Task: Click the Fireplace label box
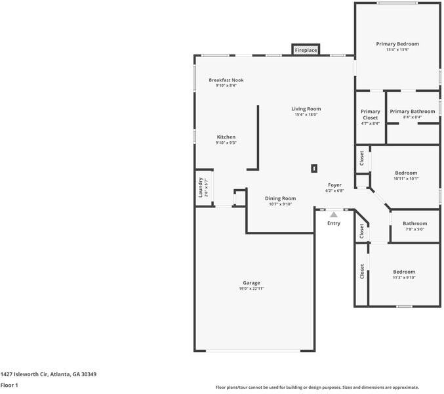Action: [306, 51]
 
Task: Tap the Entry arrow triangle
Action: [334, 214]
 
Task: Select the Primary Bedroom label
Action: [397, 44]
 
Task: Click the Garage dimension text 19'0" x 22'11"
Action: [252, 288]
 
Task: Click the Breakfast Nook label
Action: [226, 80]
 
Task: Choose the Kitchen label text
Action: [226, 137]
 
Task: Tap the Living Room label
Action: [306, 109]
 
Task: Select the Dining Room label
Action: [280, 198]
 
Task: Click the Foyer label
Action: [334, 185]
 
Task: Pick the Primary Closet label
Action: [371, 114]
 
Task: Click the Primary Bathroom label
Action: [413, 112]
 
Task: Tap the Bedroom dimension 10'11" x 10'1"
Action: [406, 179]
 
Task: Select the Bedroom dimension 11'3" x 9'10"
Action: [404, 277]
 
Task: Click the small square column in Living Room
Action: [315, 167]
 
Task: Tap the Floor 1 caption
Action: [9, 385]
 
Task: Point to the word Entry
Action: [334, 223]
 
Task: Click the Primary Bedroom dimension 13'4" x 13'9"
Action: [397, 50]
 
